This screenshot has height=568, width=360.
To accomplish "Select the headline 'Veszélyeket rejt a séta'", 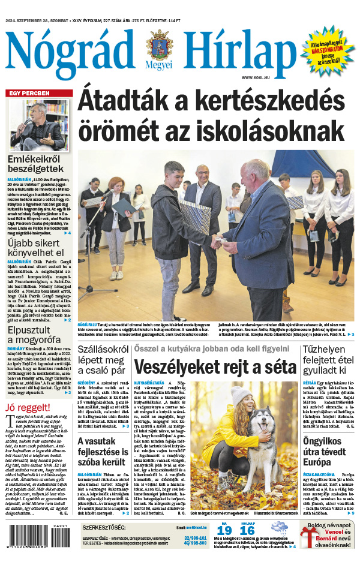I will pyautogui.click(x=215, y=367).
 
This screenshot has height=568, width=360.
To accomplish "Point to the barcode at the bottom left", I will pyautogui.click(x=36, y=543).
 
